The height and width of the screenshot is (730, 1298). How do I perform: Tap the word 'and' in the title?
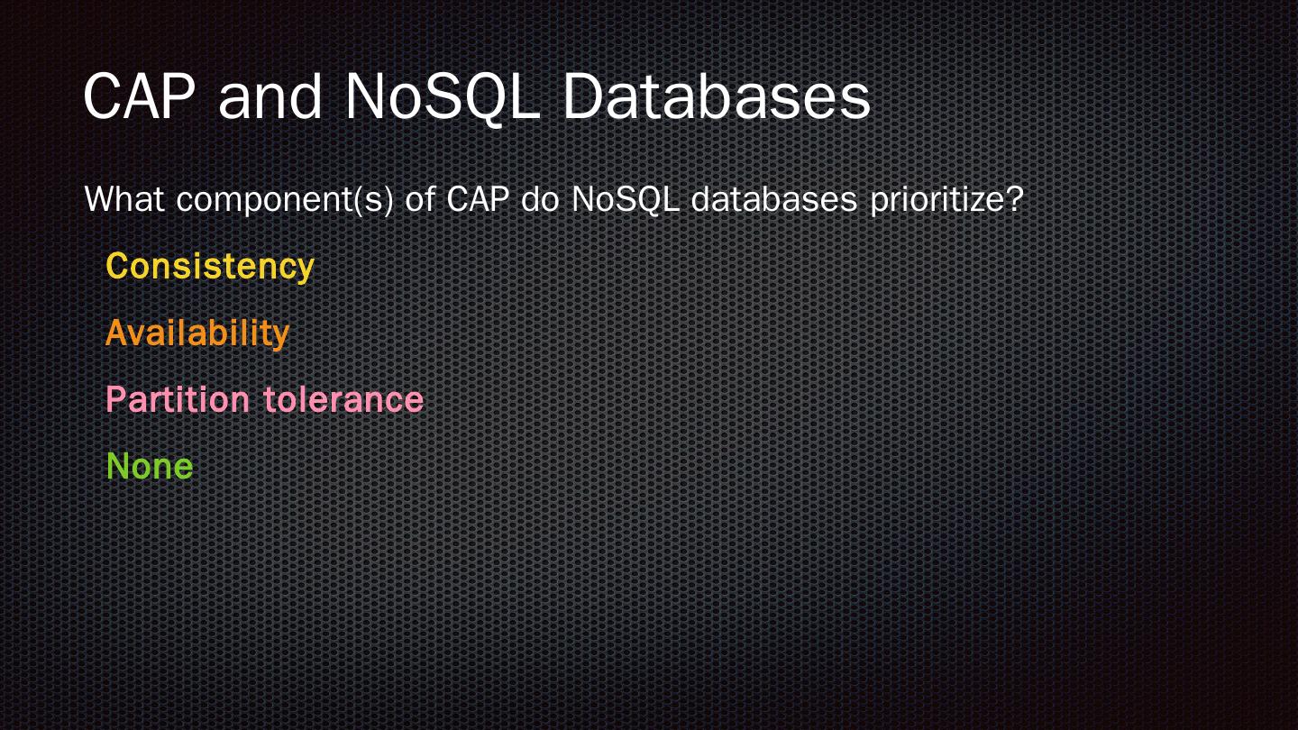coord(270,96)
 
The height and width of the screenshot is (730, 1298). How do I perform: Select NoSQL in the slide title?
coord(443,96)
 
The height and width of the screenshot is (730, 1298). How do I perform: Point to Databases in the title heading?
coord(717,96)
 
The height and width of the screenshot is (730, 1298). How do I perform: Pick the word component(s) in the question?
coord(285,200)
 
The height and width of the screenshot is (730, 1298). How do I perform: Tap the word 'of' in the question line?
coord(420,199)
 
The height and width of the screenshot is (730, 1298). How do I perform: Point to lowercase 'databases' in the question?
coord(773,199)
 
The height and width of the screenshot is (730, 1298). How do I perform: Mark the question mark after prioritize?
coord(1015,199)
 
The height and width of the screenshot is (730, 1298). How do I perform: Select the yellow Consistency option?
coord(210,266)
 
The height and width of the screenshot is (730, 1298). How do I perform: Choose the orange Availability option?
coord(197,333)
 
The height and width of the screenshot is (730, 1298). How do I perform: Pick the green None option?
coord(150,466)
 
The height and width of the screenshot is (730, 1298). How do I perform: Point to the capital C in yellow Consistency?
coord(117,266)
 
